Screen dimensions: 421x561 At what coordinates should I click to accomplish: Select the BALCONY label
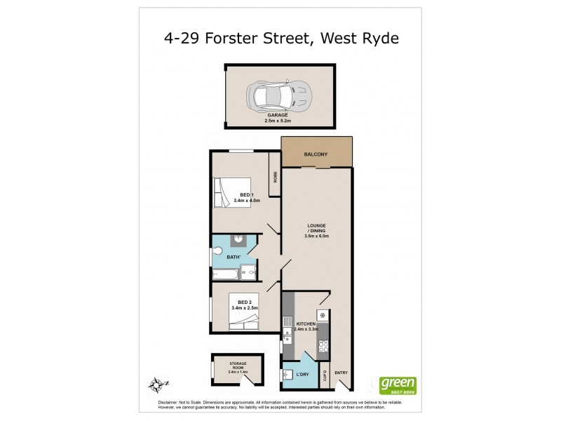pos(316,154)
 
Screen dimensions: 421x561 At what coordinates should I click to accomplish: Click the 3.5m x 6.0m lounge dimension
pos(317,236)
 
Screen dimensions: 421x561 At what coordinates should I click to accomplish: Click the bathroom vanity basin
pos(239,241)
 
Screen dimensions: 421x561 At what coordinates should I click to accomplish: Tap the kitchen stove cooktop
pos(324,346)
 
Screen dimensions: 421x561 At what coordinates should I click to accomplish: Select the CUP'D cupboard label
pos(325,376)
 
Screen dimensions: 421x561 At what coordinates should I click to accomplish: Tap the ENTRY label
pos(341,373)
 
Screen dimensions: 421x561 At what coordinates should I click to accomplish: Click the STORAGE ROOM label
pos(238,363)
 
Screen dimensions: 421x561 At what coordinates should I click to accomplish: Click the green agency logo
pos(398,385)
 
